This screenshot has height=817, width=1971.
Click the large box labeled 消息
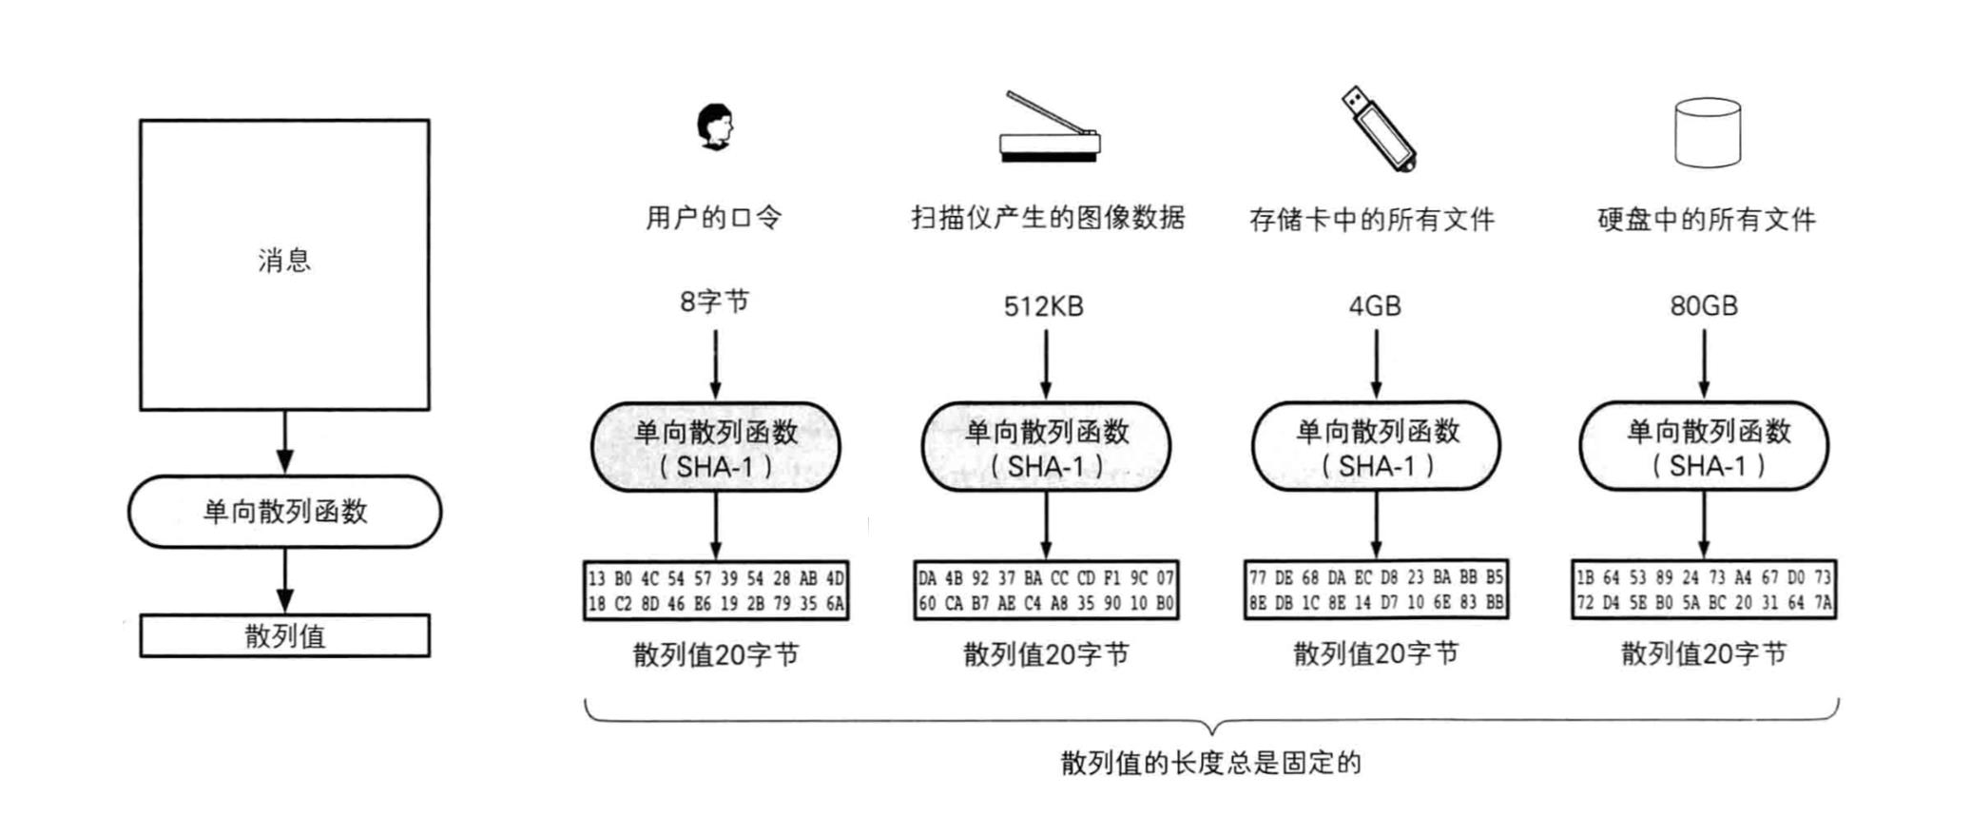click(284, 264)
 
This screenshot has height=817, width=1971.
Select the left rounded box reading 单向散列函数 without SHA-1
click(284, 512)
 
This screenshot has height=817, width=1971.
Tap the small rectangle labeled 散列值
click(284, 635)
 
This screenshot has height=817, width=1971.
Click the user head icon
click(715, 126)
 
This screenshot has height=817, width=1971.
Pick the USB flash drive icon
click(1378, 128)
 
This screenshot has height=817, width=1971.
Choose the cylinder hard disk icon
click(1707, 133)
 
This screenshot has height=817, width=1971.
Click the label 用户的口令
click(714, 218)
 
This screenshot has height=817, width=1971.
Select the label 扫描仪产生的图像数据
click(1048, 218)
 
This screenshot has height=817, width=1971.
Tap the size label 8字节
click(714, 302)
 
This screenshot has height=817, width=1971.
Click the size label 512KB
click(1044, 306)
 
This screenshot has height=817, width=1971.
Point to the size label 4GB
click(1375, 306)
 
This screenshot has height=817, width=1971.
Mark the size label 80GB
click(1704, 306)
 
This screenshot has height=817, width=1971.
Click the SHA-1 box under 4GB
click(1376, 447)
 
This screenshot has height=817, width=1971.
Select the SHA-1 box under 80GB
click(1705, 447)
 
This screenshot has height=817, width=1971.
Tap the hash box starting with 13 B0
click(716, 591)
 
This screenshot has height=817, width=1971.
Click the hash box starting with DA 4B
click(1046, 591)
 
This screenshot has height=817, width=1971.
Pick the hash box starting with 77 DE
click(1376, 590)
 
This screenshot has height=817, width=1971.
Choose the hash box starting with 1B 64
click(1704, 590)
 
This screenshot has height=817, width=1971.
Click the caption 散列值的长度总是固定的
click(1211, 762)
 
